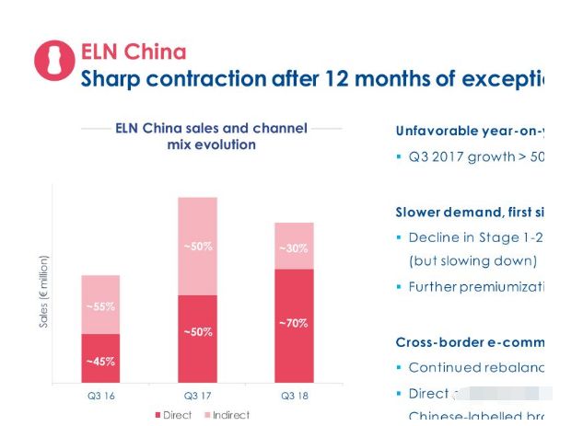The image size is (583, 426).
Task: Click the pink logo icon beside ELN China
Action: point(53,61)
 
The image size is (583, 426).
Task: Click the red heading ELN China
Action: point(133,52)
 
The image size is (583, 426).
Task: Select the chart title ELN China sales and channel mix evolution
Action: point(211,136)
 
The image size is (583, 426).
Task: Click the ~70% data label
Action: point(294,323)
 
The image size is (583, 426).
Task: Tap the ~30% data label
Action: point(294,248)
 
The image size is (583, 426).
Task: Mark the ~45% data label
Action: point(100,362)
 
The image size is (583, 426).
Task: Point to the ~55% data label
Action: point(100,306)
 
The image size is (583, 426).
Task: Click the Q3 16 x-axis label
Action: point(101,396)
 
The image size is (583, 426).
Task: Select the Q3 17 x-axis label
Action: point(197,396)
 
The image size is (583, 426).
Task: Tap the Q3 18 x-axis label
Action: point(293,396)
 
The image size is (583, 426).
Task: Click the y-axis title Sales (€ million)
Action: point(43,293)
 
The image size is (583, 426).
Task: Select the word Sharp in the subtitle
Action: point(112,79)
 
